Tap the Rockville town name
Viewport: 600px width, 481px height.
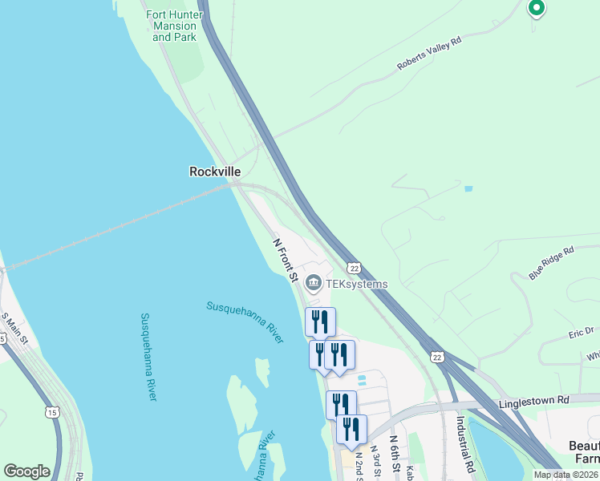[215, 172]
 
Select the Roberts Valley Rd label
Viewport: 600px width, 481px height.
[430, 54]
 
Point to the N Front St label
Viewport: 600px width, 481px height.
[285, 260]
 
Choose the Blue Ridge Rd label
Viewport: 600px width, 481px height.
[552, 263]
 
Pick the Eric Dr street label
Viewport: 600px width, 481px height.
[581, 331]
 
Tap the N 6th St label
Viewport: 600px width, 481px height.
[395, 454]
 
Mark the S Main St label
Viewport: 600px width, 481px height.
[14, 328]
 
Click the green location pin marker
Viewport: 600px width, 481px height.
[536, 8]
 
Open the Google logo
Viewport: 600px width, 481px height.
[26, 471]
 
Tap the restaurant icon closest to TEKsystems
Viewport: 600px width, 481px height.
[320, 321]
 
